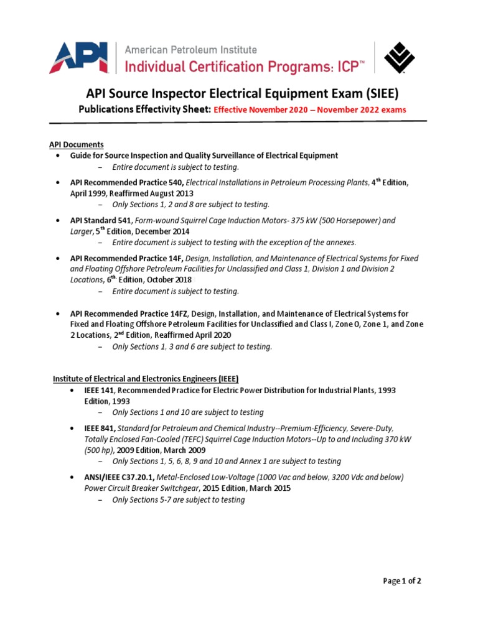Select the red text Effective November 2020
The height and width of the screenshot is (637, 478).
[x=265, y=109]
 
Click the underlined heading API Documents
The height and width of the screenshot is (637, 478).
[x=77, y=144]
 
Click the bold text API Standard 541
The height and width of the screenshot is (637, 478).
[x=100, y=220]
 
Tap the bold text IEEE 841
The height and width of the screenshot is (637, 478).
[x=100, y=428]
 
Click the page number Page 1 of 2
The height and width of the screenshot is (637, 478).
[x=402, y=581]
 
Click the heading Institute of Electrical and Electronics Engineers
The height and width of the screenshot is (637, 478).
[x=145, y=378]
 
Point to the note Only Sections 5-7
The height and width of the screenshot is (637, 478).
[x=178, y=500]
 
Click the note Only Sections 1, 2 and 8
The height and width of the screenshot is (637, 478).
[x=190, y=204]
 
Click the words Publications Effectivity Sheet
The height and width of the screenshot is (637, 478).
[x=143, y=109]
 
